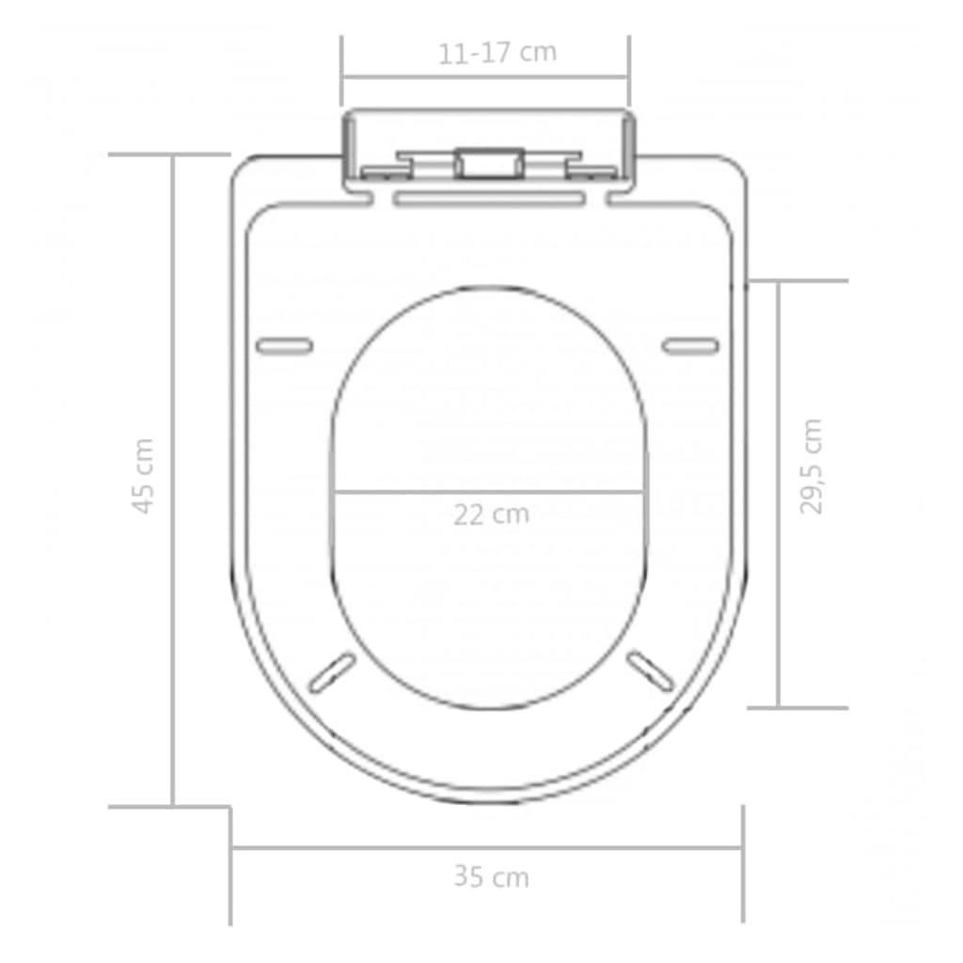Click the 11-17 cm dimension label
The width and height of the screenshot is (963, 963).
click(497, 53)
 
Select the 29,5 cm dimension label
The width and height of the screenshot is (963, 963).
click(811, 466)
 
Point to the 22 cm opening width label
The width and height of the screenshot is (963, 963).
click(491, 514)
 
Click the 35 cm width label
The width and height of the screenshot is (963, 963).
click(491, 877)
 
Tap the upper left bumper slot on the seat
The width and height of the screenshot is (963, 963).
click(284, 345)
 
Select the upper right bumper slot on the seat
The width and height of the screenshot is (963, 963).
click(690, 345)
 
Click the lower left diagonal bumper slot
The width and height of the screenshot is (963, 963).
click(333, 671)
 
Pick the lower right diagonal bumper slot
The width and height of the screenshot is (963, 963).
click(651, 671)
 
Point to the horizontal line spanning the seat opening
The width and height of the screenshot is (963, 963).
click(489, 491)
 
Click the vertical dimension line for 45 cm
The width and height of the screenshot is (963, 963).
click(173, 480)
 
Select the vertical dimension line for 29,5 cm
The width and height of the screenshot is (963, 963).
click(779, 494)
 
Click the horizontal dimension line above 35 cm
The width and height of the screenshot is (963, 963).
click(487, 848)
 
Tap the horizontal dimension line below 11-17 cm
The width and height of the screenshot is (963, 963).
click(485, 78)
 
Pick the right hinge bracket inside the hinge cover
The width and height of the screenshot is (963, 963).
click(591, 169)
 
